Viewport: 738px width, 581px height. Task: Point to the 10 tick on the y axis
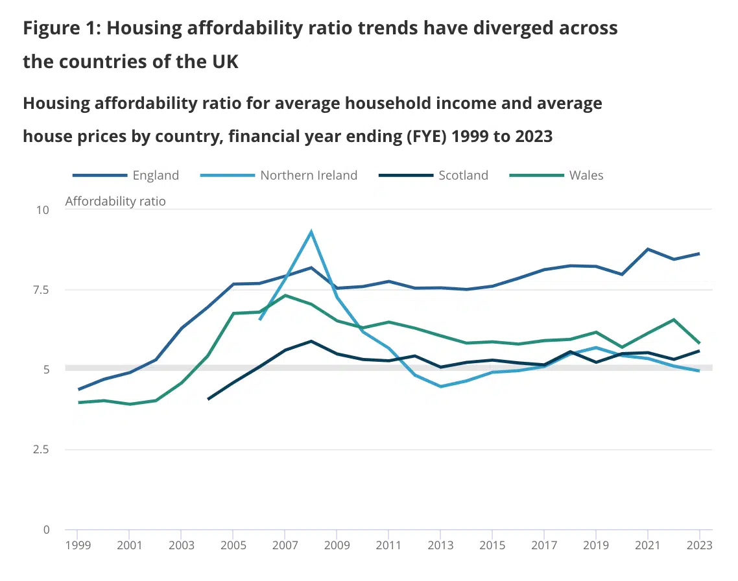click(43, 209)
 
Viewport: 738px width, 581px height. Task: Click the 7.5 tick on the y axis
click(40, 290)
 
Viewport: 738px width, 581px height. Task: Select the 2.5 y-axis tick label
click(40, 449)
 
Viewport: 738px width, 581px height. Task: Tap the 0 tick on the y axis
click(46, 530)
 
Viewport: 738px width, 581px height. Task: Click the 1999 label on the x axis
click(77, 545)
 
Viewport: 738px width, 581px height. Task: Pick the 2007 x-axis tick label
click(285, 545)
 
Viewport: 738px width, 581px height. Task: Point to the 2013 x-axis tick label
click(440, 545)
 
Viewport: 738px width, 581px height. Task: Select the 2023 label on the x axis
click(700, 545)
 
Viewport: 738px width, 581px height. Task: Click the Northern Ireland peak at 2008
click(311, 231)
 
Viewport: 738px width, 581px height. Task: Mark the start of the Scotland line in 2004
click(208, 399)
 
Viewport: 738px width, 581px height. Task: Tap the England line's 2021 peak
click(648, 249)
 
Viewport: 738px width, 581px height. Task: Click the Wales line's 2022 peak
click(674, 319)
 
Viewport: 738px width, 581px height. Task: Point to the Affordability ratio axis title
click(115, 201)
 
